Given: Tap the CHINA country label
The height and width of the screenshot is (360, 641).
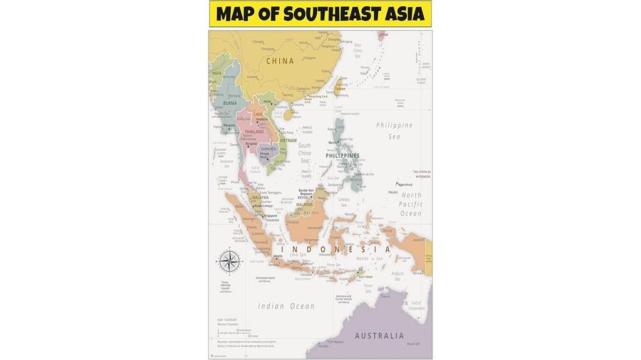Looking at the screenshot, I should (280, 61).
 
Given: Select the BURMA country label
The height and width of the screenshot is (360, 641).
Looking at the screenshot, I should (230, 103).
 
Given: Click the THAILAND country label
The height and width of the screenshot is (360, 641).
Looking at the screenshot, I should (254, 132).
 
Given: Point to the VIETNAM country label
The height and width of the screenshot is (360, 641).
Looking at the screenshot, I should (289, 141).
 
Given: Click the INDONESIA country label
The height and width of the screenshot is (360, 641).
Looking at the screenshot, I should (335, 249).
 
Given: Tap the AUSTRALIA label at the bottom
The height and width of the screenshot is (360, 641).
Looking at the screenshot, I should (379, 336).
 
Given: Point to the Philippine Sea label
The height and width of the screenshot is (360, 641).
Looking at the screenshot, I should (394, 130).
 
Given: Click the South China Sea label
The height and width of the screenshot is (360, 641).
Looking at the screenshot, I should (304, 153).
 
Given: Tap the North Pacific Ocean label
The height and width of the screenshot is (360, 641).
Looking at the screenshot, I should (411, 204).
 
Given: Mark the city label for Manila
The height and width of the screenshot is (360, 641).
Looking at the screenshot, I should (333, 143).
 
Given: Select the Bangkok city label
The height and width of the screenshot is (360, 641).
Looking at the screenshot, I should (251, 143).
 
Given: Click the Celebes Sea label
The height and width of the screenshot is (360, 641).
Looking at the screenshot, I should (344, 202).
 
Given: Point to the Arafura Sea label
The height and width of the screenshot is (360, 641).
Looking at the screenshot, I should (397, 274).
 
